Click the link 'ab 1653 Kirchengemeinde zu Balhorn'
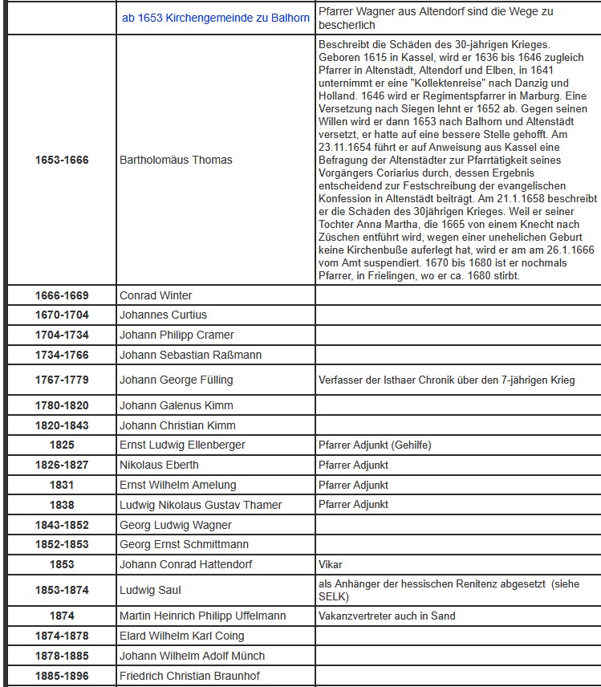(x=216, y=18)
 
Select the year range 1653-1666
(x=62, y=160)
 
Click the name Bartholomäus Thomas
(x=176, y=160)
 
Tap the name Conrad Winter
(x=156, y=295)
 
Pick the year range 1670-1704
(x=62, y=315)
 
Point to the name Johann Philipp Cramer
(x=177, y=335)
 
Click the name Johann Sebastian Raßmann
(x=190, y=355)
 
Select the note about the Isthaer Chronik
(x=446, y=380)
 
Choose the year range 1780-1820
(x=62, y=405)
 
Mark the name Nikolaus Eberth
(x=159, y=465)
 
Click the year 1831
(x=62, y=485)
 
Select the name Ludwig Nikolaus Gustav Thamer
(x=201, y=505)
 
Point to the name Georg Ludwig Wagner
(x=175, y=525)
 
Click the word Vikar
(x=331, y=564)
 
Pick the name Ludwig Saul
(x=150, y=590)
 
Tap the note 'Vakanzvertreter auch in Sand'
(x=387, y=616)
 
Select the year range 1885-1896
(x=62, y=675)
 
